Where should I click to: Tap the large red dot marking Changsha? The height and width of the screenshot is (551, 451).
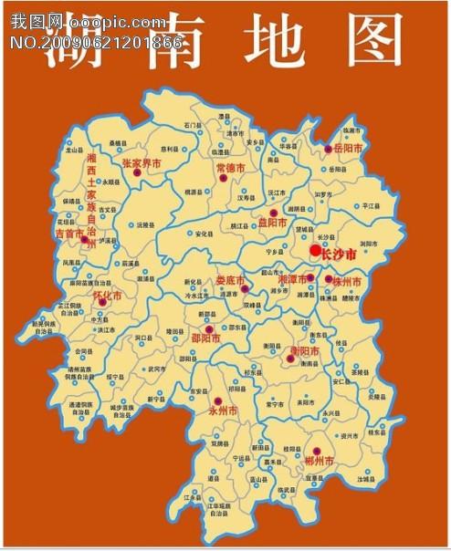click(315, 249)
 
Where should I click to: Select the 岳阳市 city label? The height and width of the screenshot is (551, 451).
click(348, 148)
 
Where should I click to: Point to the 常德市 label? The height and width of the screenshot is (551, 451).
click(230, 169)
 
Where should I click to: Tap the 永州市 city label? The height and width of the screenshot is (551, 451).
click(223, 412)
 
